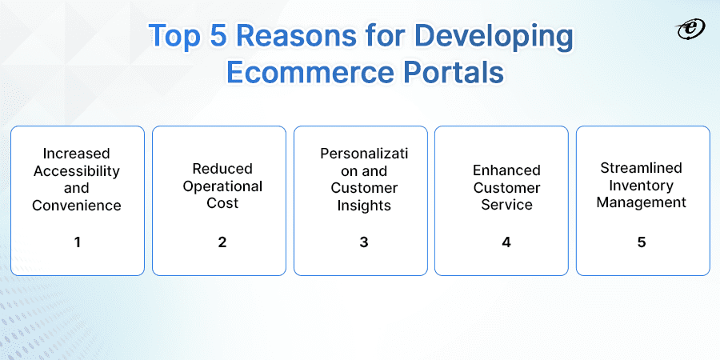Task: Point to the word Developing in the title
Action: click(496, 38)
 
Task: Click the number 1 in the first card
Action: click(78, 241)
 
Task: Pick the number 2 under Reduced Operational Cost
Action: click(222, 241)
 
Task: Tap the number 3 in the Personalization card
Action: click(363, 241)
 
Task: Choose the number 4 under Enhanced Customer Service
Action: click(506, 241)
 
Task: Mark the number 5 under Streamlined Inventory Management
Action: click(642, 241)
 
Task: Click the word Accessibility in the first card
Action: click(77, 170)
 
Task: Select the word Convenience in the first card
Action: click(77, 206)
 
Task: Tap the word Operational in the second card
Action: click(222, 186)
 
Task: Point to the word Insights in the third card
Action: click(364, 206)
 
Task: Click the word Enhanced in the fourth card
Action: click(506, 170)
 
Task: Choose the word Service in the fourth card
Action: click(506, 205)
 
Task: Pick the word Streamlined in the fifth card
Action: click(642, 167)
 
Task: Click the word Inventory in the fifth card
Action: click(642, 185)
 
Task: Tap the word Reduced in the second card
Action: click(222, 169)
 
